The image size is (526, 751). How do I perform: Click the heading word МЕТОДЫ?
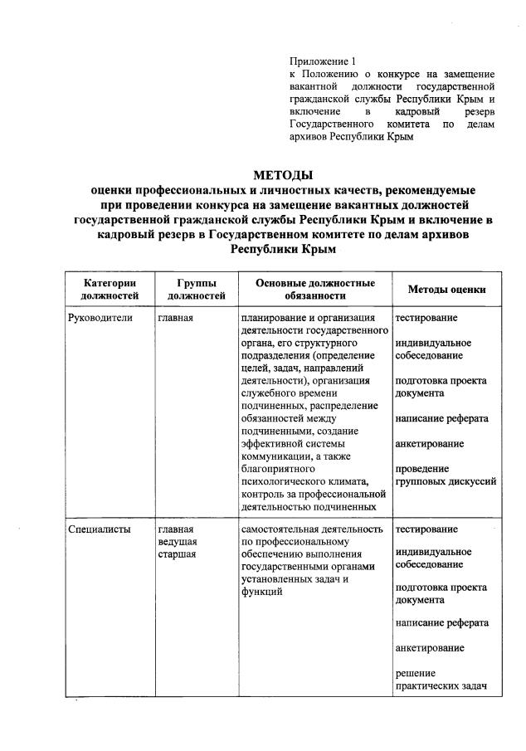pos(283,175)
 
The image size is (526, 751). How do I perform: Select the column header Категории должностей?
pos(104,289)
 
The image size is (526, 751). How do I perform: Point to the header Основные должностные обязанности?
pos(314,289)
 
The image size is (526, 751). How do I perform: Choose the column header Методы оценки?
pos(446,290)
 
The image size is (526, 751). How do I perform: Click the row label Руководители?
pos(99,318)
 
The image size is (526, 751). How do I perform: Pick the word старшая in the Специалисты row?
pos(177,554)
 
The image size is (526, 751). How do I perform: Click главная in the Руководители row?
pos(175,318)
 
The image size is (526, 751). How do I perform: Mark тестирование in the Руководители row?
pos(426,318)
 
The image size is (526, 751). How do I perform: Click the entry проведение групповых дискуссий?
pos(445,475)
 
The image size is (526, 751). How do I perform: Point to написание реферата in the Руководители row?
pos(441,418)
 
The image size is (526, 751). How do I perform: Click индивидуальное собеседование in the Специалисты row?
pos(433,558)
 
